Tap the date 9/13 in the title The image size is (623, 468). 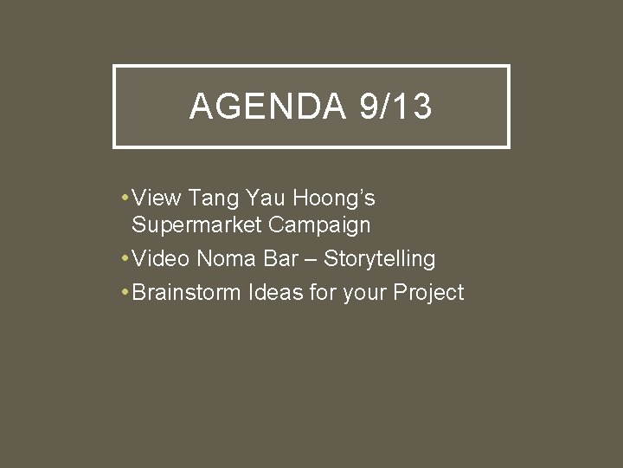tap(394, 107)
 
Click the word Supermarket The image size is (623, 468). tap(196, 225)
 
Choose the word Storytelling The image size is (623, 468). tap(379, 259)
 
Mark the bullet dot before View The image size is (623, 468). tap(126, 198)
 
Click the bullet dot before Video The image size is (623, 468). tap(126, 258)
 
